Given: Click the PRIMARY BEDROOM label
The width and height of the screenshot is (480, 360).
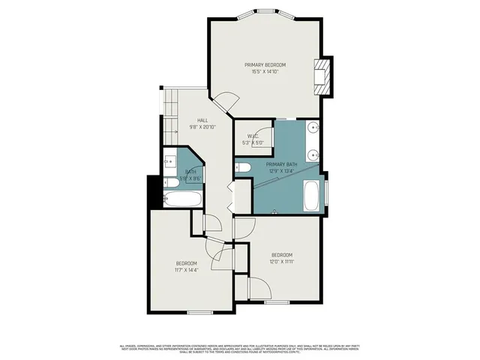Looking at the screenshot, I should pos(265,65).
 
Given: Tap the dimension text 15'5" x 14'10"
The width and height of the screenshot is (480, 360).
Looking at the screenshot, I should pos(265,73).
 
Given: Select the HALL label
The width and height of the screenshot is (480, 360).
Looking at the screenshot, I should pos(202,120).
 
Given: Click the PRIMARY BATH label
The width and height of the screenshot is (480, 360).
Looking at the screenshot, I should pos(281,164).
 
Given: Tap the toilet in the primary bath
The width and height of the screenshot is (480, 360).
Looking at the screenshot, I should pos(242,169).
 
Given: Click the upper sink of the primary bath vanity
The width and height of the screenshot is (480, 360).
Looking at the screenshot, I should pos(313,127).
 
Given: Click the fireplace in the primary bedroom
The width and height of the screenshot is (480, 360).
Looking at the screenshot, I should pos(322,76).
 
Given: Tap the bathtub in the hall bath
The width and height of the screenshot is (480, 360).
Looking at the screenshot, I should pos(182,200).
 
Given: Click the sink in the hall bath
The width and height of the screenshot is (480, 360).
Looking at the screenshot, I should pos(169,160).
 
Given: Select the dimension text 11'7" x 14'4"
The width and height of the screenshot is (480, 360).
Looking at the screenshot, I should pos(186,270).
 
